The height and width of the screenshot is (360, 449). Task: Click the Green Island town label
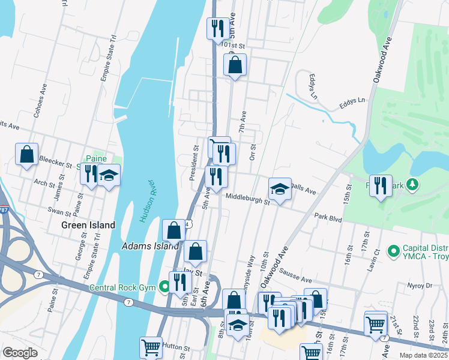[x=88, y=225]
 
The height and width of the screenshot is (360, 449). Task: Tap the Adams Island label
[x=150, y=245]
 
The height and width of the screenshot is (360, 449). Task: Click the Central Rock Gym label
[x=124, y=287]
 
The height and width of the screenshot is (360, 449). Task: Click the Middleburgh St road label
[x=248, y=199]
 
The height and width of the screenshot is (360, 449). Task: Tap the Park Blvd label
[x=328, y=220]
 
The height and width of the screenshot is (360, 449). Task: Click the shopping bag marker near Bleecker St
[x=27, y=155]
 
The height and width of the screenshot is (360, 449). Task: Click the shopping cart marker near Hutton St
[x=151, y=347]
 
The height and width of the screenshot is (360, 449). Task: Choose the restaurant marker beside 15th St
[x=381, y=186]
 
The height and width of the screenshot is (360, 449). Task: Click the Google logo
[x=20, y=352]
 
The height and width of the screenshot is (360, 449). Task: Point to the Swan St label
[x=59, y=211]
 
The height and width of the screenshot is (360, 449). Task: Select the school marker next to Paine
[x=109, y=176]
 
